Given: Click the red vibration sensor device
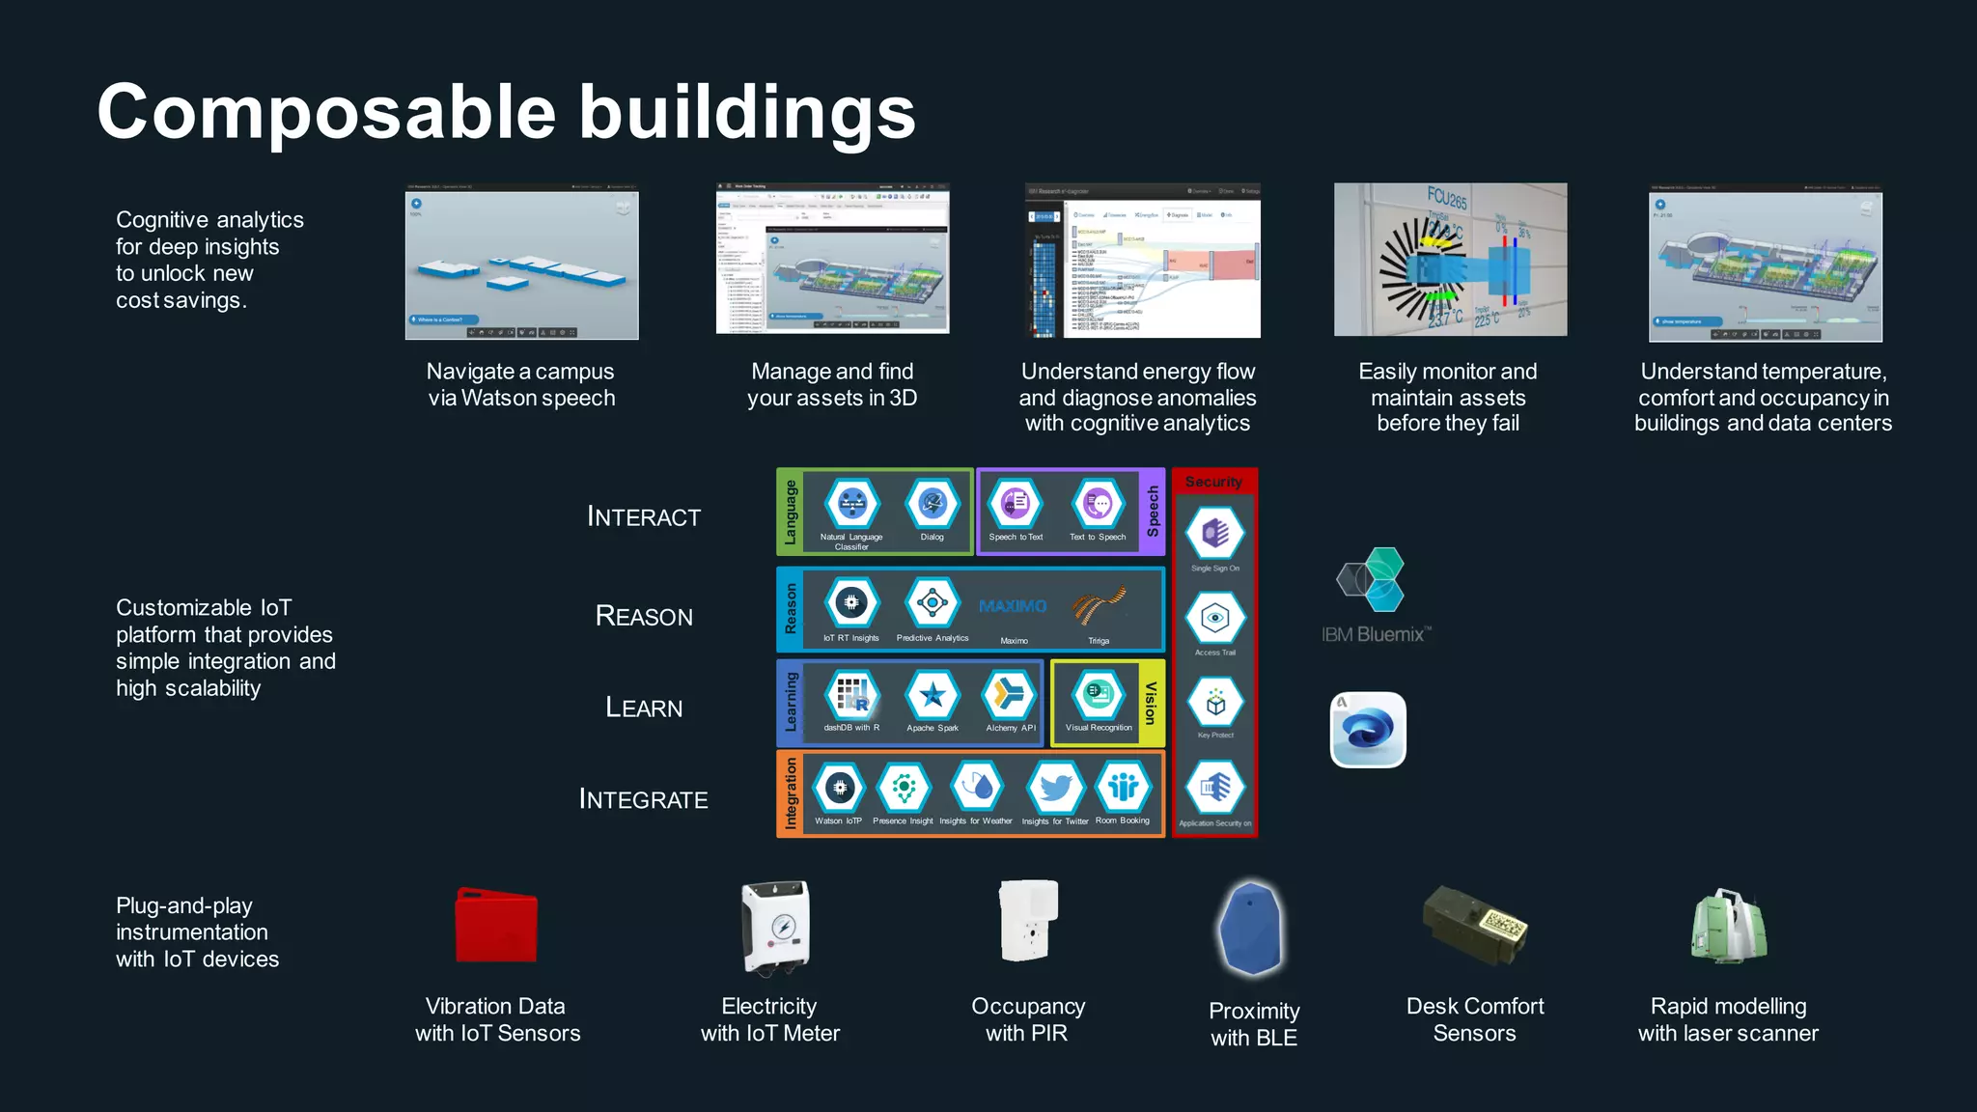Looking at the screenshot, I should [x=495, y=926].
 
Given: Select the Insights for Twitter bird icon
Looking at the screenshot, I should [x=1055, y=788].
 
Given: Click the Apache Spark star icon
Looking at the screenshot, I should [x=933, y=695].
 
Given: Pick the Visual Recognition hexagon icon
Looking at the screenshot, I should [x=1099, y=693].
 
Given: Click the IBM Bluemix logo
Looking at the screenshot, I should [x=1374, y=594].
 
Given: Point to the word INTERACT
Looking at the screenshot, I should [x=644, y=516].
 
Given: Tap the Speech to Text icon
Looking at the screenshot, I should [x=1016, y=503].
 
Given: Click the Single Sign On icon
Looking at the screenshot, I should [x=1215, y=533].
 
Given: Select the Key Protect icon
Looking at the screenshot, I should [x=1215, y=703].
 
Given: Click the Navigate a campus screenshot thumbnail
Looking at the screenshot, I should [x=521, y=262].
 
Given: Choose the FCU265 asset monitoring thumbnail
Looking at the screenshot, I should [x=1450, y=260].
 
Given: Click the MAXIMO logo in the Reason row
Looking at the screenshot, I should [x=1013, y=606].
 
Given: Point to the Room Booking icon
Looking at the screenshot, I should [x=1123, y=788].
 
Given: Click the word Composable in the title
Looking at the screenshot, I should [x=326, y=113].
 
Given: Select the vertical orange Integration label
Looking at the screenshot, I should [x=791, y=793].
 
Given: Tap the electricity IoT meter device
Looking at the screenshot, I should [x=775, y=927].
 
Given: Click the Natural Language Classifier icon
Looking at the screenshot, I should [x=851, y=503].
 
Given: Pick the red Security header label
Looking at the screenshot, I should [x=1213, y=482].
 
